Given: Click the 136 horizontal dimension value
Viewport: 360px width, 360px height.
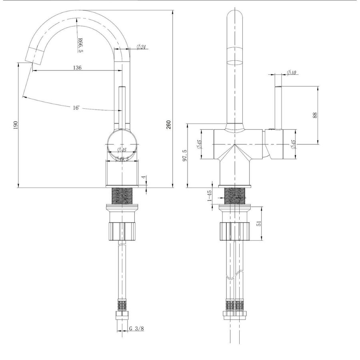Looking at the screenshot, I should [78, 68].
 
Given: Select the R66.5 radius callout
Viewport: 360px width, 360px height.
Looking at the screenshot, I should [80, 44].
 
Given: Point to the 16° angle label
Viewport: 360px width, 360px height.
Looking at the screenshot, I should [76, 108].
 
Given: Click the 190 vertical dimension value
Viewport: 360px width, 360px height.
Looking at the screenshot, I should [16, 125].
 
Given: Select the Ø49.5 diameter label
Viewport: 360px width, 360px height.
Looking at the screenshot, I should [121, 159].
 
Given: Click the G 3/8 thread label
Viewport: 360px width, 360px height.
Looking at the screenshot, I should [136, 329].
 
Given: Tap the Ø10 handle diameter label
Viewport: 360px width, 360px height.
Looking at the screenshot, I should [291, 73].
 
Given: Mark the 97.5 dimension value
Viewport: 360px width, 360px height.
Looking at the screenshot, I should [184, 155].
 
